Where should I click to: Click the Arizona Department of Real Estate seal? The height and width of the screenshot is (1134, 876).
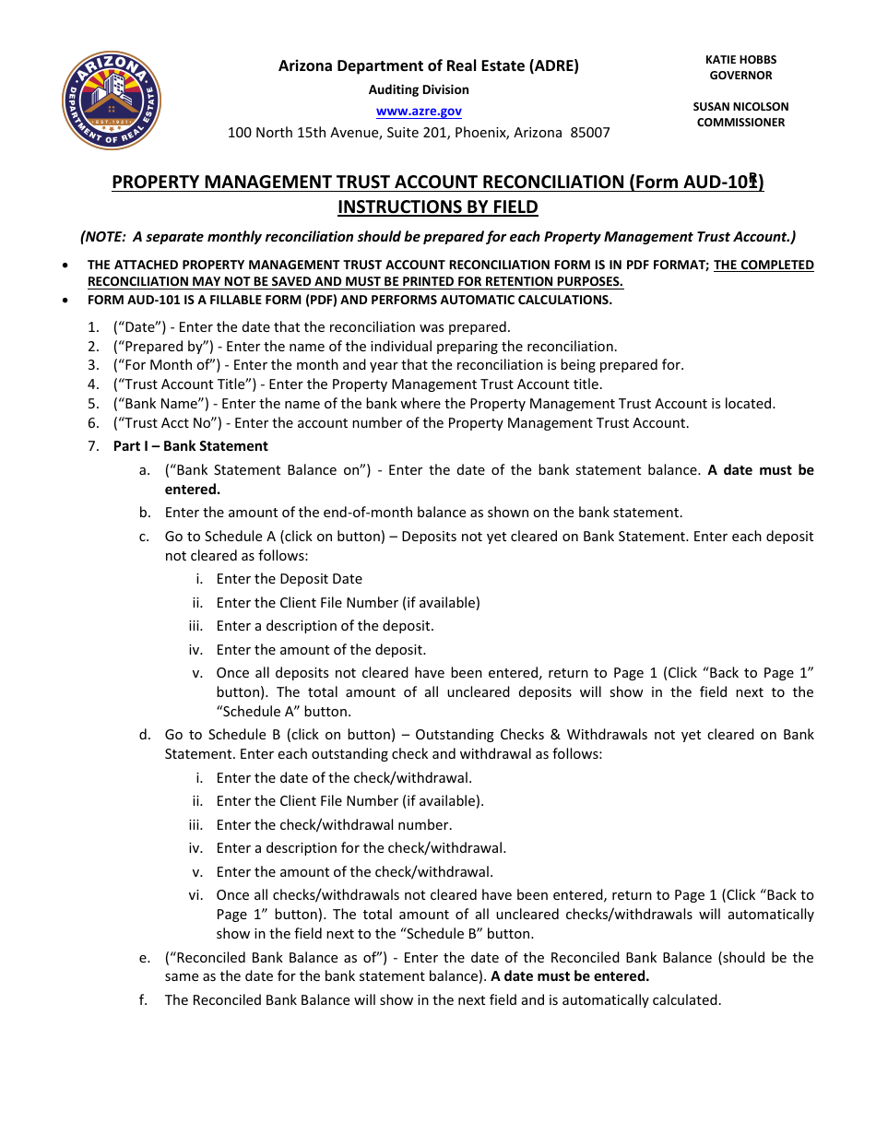(112, 100)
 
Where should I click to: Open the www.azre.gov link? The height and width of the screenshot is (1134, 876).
(419, 111)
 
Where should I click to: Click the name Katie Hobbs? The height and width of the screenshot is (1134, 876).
(740, 59)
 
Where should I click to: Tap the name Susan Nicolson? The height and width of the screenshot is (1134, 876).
(740, 106)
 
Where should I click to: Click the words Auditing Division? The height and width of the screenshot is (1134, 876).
(419, 89)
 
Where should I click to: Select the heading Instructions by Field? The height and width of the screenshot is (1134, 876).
(437, 207)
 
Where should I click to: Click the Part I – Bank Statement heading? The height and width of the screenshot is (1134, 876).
(190, 446)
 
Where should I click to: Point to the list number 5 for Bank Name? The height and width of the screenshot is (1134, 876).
(93, 404)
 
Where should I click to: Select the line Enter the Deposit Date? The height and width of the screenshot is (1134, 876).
(289, 579)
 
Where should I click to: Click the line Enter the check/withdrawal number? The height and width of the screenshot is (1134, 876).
(334, 825)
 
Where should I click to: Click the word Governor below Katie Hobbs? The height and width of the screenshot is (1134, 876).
(740, 76)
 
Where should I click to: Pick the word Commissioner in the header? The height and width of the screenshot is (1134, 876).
(740, 123)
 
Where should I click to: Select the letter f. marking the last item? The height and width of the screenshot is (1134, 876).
(144, 1000)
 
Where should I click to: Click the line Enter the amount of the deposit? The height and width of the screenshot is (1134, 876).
(321, 650)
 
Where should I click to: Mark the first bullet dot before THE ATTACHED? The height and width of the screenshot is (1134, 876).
(64, 266)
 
